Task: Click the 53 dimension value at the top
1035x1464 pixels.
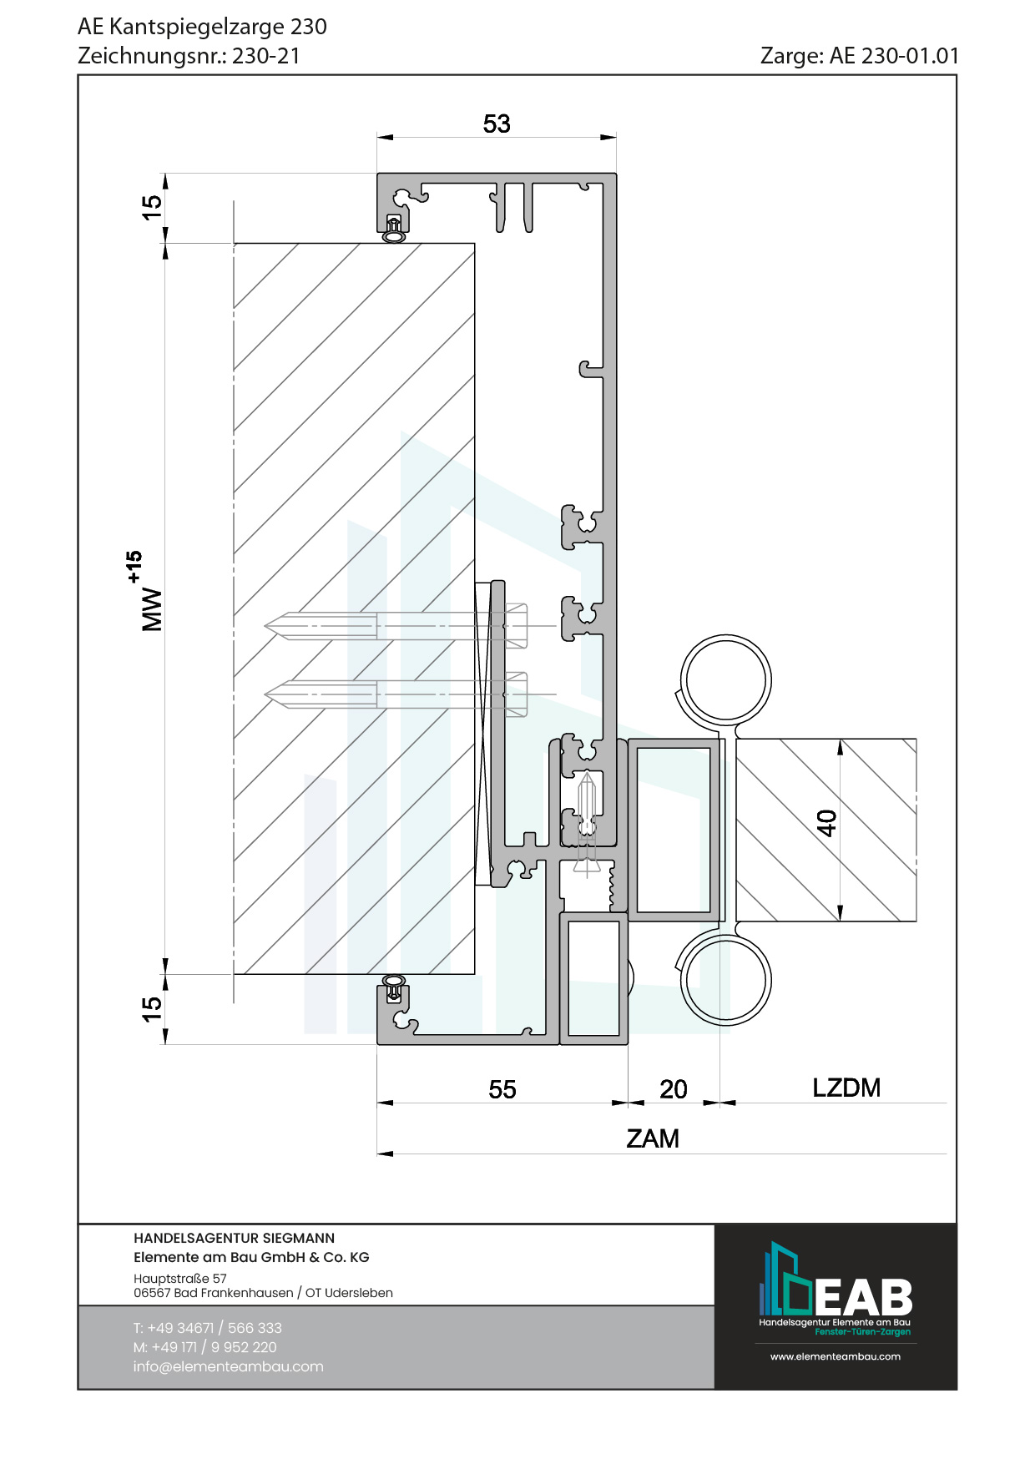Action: click(x=497, y=124)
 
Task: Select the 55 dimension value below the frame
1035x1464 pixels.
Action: click(x=502, y=1089)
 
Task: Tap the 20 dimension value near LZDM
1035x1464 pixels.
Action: click(x=674, y=1089)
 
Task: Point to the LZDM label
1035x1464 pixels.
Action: click(x=846, y=1088)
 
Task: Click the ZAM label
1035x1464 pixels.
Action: click(x=653, y=1138)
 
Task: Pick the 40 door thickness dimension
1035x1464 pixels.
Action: click(x=826, y=823)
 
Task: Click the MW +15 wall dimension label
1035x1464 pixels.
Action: click(x=146, y=591)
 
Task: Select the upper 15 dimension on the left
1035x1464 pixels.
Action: click(x=151, y=207)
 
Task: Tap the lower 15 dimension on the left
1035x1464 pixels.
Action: click(x=151, y=1008)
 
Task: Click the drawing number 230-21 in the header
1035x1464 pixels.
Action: click(x=266, y=56)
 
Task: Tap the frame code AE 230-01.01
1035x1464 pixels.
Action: click(x=894, y=56)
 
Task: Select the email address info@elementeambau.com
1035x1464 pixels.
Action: click(x=228, y=1366)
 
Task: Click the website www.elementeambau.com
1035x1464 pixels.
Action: click(x=836, y=1356)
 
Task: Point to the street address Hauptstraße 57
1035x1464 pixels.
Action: click(x=180, y=1279)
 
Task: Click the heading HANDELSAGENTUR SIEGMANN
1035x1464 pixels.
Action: click(x=234, y=1239)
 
